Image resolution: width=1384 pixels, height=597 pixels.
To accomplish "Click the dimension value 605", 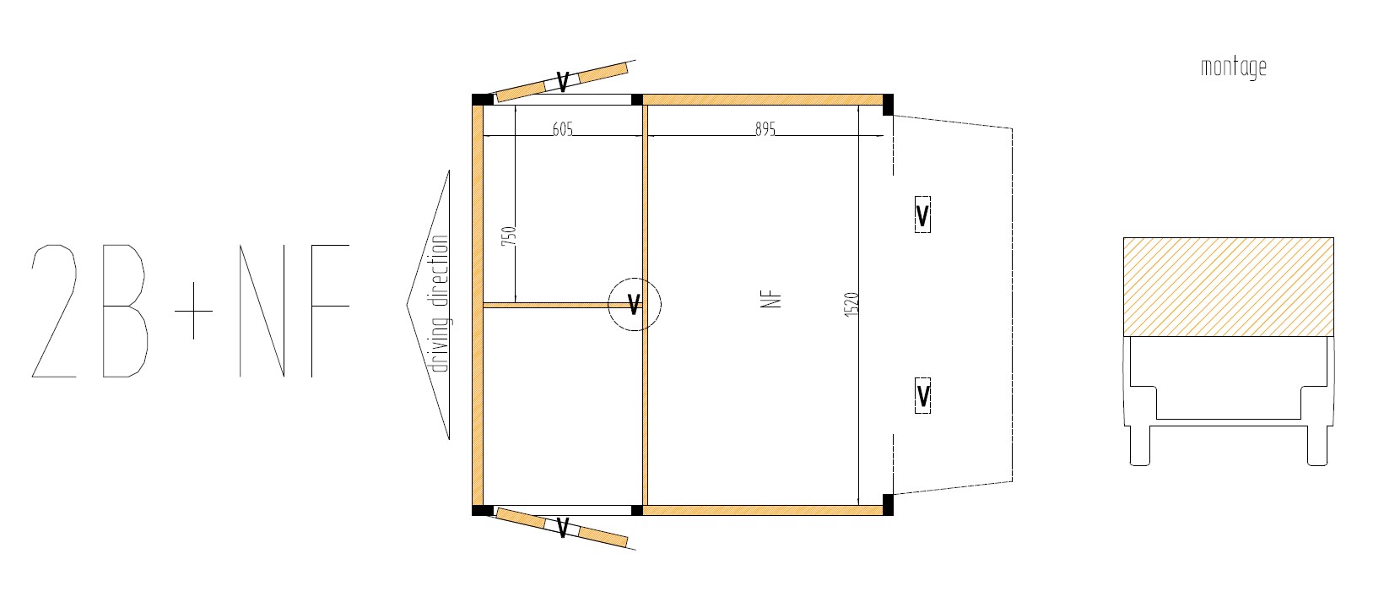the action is (562, 129).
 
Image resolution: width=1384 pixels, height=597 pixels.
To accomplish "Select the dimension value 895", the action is (765, 129).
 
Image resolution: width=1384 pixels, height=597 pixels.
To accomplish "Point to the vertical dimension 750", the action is (509, 236).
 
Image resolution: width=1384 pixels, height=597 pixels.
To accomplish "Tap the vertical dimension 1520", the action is (851, 305).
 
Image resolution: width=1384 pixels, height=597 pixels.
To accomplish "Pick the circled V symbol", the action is (635, 304).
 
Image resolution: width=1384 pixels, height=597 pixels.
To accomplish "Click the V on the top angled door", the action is (563, 82).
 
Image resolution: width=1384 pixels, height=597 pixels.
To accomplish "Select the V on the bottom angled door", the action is (562, 527).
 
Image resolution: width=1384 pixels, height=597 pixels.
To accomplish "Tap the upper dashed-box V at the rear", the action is (922, 214).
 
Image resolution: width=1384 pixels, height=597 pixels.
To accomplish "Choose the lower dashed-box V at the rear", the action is (922, 395).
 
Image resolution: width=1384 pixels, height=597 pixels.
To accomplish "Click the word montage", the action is (1233, 68).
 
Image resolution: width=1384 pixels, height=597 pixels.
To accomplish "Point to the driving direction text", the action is (440, 304).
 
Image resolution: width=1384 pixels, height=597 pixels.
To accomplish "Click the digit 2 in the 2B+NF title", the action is (54, 311).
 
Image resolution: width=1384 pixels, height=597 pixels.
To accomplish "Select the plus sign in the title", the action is (193, 311).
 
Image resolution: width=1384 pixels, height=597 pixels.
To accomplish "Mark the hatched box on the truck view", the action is (1229, 287).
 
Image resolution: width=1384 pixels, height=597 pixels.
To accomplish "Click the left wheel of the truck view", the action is (1140, 446).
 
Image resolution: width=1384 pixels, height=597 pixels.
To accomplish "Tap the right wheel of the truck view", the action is (1317, 446).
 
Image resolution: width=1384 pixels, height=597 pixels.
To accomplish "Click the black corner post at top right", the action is (888, 105).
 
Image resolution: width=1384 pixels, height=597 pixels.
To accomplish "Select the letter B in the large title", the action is (126, 311).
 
